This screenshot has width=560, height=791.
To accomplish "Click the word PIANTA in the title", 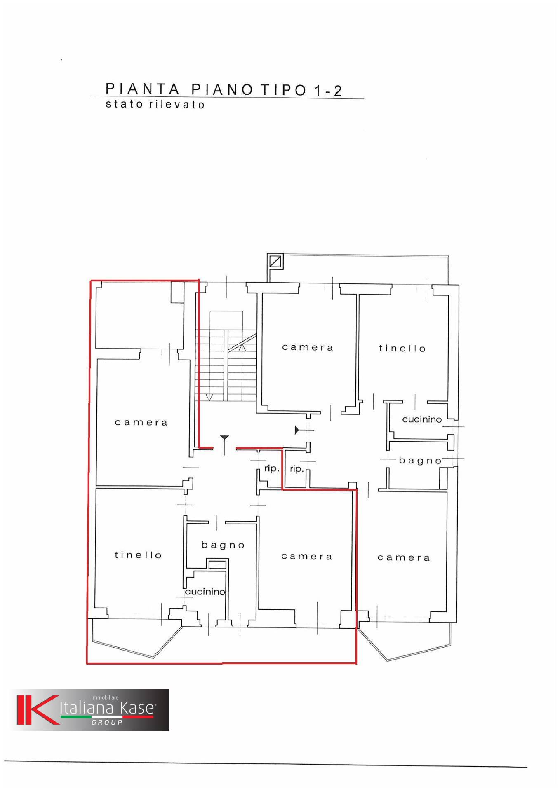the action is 143,89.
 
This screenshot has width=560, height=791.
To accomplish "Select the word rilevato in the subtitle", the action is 177,104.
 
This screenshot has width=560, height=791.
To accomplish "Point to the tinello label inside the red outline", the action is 138,555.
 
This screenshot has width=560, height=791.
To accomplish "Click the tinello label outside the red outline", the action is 402,348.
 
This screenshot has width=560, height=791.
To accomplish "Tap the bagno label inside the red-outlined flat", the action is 223,545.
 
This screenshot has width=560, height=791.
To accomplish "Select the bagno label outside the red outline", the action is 420,461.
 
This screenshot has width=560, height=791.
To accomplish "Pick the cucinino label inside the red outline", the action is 205,592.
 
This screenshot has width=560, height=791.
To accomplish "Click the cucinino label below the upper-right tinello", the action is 422,419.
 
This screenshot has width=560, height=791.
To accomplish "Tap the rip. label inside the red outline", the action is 272,469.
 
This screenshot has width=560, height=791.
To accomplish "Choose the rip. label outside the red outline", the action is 297,469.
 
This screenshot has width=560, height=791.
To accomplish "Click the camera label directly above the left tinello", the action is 141,422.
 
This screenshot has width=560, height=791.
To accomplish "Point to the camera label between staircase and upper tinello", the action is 308,347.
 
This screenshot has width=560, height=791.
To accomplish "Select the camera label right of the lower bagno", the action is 307,557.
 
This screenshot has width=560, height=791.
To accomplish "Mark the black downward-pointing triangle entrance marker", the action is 224,438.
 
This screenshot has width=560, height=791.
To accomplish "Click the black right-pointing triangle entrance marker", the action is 297,430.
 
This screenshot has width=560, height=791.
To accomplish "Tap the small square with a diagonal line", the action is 275,261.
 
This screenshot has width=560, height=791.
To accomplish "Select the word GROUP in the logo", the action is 107,722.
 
